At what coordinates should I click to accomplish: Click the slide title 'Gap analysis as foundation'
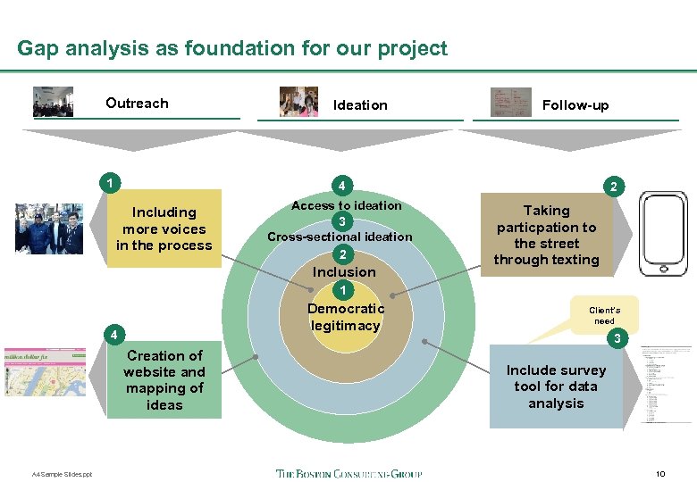tap(231, 48)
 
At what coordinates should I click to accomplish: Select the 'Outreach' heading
tap(137, 104)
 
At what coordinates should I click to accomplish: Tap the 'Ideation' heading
tap(360, 105)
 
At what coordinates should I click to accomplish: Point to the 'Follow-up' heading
tap(575, 105)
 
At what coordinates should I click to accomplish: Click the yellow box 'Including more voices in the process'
tap(165, 229)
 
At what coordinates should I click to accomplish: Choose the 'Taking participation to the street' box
tap(547, 236)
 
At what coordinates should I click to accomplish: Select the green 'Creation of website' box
tap(165, 380)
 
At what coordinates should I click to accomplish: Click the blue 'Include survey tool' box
tap(555, 387)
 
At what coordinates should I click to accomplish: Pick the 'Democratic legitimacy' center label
tap(345, 317)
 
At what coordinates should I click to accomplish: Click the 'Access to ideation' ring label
tap(347, 205)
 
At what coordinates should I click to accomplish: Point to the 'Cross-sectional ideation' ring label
tap(340, 237)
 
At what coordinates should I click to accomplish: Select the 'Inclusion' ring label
tap(344, 271)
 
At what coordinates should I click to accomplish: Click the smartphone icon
tap(665, 233)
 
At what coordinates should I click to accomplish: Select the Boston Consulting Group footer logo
tap(348, 474)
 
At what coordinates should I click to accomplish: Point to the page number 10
tap(660, 473)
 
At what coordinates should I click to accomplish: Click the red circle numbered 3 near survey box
tap(614, 338)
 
